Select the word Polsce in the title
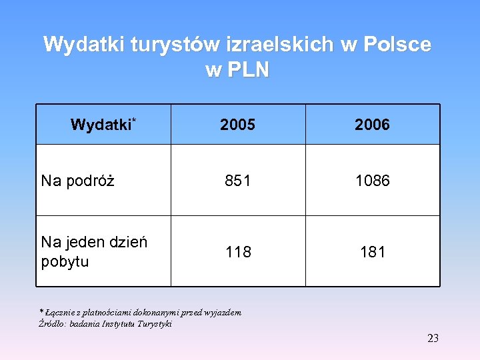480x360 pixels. coord(398,45)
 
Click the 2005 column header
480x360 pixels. coord(238,125)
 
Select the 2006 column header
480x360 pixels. coord(372,125)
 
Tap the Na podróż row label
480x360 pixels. coord(77,181)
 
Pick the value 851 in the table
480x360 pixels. coord(238,181)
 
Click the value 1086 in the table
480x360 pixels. coord(372,181)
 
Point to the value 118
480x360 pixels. coord(238,252)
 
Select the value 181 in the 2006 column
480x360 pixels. coord(372,252)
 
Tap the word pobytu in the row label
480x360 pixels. coord(65,261)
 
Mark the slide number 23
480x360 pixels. coord(433,339)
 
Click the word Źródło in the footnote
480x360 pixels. coord(53,324)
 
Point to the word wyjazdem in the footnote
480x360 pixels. coord(223,312)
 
